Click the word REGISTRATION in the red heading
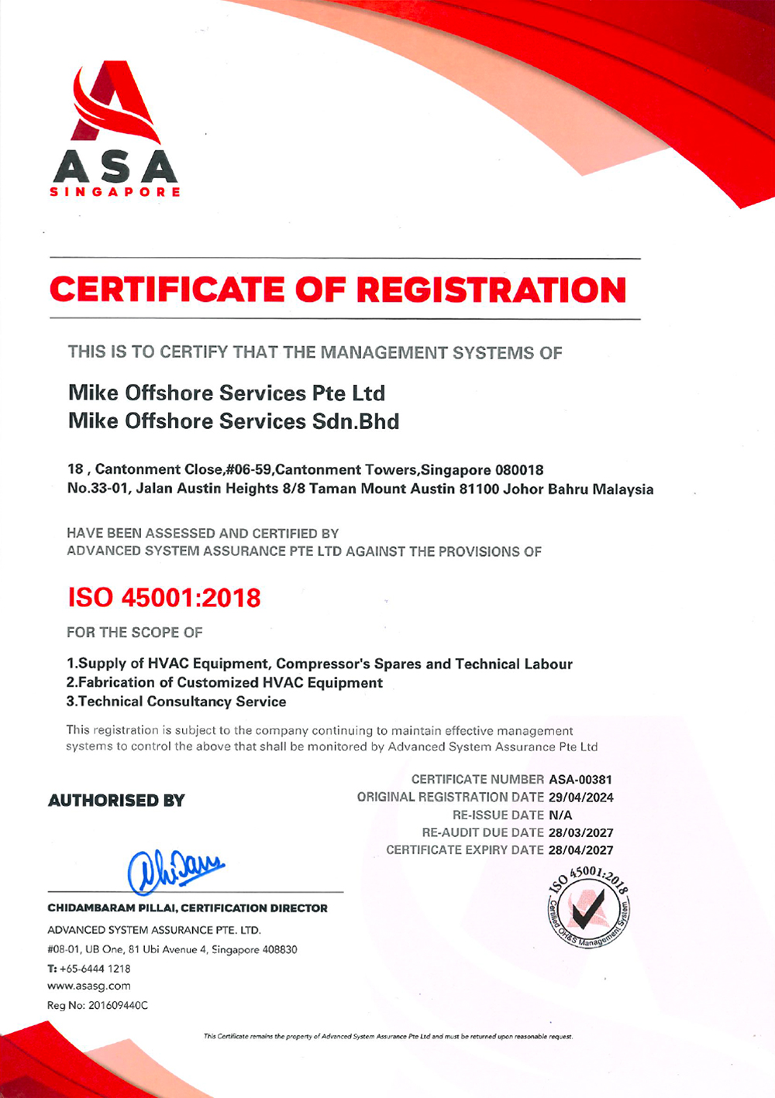point(491,290)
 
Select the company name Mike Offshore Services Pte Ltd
point(226,393)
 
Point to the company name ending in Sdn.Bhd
point(233,421)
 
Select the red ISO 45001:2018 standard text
point(164,598)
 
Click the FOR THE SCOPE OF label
point(134,633)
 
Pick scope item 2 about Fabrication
point(224,683)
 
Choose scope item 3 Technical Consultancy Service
point(176,702)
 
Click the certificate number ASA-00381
point(580,780)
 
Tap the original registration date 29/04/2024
point(580,798)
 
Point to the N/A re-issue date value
point(560,815)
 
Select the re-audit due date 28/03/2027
point(580,833)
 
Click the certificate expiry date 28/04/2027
point(580,850)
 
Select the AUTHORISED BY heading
point(116,801)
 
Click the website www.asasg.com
point(89,986)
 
